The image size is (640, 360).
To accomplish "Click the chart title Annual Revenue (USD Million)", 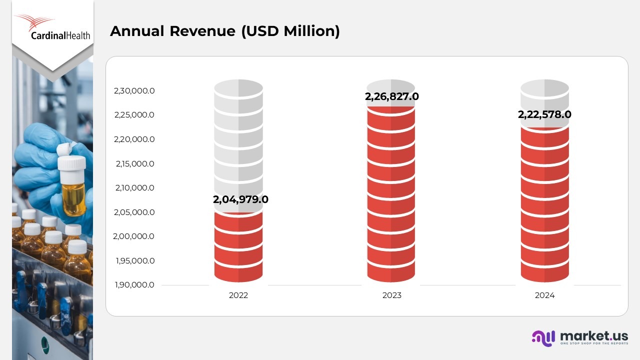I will coord(224,31).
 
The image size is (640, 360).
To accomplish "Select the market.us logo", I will coord(580,337).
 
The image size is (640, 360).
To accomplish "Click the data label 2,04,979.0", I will coord(240,199).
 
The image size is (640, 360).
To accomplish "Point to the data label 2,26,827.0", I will coord(391,96).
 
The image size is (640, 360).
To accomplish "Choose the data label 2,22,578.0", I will coord(544,114).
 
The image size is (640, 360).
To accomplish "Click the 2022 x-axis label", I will coord(238,295).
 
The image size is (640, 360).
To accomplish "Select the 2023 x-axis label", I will coord(391,295).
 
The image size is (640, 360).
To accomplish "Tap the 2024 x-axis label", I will coord(544,295).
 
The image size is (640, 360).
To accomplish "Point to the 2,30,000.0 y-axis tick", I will coord(134,91).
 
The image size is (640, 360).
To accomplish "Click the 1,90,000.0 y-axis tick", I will coord(134,285).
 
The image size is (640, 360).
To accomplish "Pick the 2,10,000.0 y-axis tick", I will coord(134,188).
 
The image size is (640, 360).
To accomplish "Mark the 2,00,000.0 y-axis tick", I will coord(134,236).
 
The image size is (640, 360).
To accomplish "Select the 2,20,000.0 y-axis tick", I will coord(134,139).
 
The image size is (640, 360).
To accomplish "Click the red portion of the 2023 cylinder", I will coord(391,200).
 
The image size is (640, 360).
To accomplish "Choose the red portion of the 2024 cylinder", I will coord(544,210).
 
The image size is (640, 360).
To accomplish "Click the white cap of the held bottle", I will coord(72,162).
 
